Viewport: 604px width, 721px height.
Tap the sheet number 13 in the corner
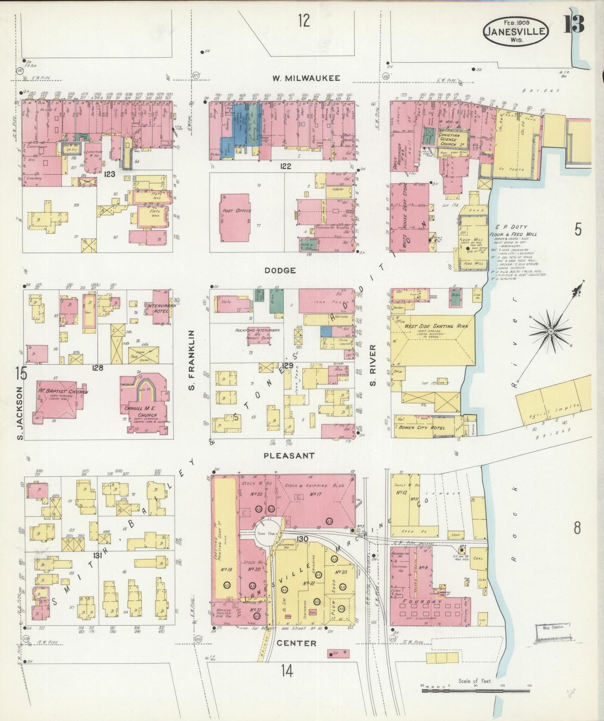click(x=573, y=24)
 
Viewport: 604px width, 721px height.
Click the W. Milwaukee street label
click(x=306, y=78)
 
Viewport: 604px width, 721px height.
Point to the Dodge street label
click(x=280, y=271)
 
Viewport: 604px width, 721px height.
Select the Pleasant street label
click(x=289, y=456)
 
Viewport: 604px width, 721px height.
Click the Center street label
click(x=296, y=643)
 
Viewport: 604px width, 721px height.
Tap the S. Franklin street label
click(x=192, y=360)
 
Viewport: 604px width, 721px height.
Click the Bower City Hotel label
click(x=422, y=428)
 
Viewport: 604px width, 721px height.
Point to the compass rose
click(x=551, y=331)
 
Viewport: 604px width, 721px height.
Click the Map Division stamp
click(x=553, y=627)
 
